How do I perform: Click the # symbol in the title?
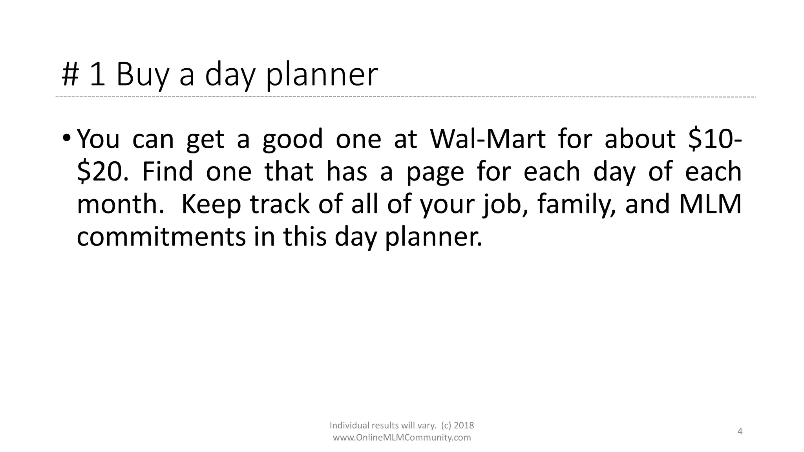click(70, 75)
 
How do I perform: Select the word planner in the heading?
click(322, 75)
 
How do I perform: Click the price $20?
click(102, 172)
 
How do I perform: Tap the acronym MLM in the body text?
click(710, 205)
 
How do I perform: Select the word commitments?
click(161, 237)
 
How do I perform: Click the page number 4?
click(740, 432)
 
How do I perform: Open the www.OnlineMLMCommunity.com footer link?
click(402, 438)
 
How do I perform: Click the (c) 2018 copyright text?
click(457, 425)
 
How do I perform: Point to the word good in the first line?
click(292, 140)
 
